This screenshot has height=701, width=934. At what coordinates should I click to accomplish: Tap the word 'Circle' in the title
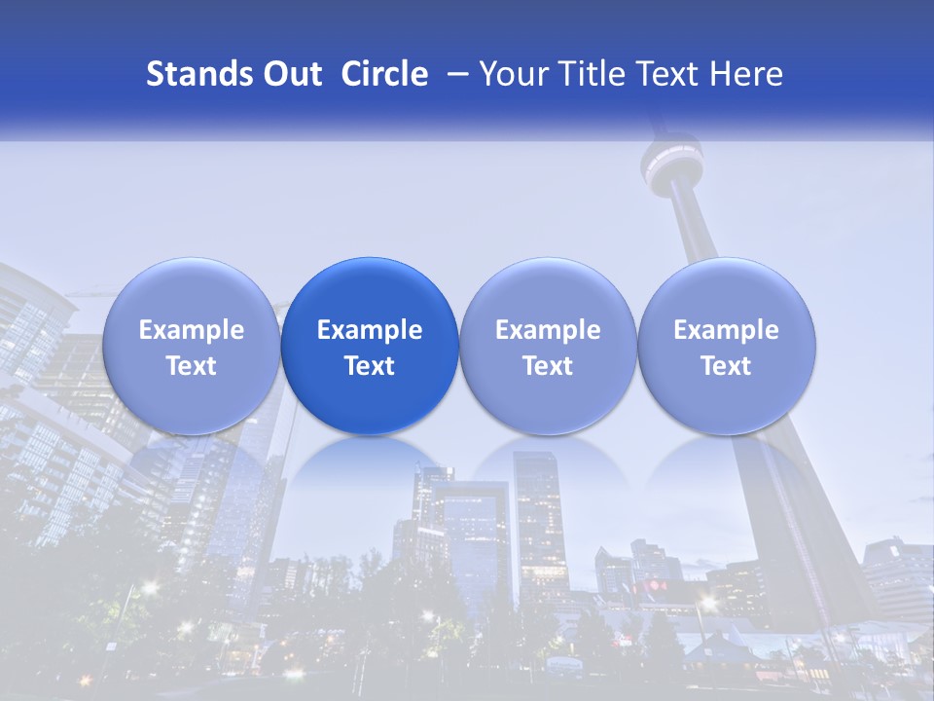coord(384,74)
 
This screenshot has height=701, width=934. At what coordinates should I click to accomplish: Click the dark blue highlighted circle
coord(370,347)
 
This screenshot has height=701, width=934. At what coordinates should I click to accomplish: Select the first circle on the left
coord(191,347)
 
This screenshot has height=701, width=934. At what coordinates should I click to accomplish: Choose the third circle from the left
coord(548,347)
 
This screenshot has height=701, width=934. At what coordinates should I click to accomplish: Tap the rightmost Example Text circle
coord(726,347)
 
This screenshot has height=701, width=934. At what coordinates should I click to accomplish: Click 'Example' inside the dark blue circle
coord(370,330)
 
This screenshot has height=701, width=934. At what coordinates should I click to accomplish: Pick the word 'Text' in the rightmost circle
coord(726,366)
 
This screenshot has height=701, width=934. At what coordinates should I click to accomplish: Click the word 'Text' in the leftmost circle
coord(191,366)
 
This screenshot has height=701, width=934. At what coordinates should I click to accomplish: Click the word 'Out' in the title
coord(290,74)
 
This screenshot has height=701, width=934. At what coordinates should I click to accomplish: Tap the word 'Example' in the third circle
coord(548,330)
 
